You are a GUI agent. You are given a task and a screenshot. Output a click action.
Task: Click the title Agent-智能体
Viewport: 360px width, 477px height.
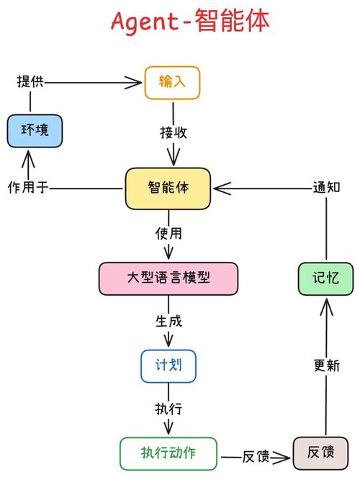click(x=190, y=22)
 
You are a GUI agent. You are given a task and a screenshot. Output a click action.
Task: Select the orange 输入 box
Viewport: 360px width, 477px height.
click(x=172, y=82)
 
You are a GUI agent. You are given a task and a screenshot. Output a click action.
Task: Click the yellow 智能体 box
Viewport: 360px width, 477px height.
click(x=168, y=188)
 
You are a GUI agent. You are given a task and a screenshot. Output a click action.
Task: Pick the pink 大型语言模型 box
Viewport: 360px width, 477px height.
click(x=168, y=278)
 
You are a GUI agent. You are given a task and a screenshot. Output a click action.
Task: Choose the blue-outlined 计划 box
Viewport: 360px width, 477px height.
click(x=168, y=365)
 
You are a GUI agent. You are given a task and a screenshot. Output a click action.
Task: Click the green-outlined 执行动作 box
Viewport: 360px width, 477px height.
click(x=168, y=453)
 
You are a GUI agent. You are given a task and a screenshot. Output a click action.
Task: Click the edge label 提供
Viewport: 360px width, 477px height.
click(x=30, y=82)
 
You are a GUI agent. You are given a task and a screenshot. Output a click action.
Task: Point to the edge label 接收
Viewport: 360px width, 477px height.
click(x=174, y=133)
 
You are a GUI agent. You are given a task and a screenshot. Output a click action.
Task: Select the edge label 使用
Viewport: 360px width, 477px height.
click(x=168, y=234)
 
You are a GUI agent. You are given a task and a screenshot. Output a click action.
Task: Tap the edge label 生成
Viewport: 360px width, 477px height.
click(x=168, y=320)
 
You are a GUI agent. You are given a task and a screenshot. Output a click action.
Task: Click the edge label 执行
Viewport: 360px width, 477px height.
click(x=168, y=409)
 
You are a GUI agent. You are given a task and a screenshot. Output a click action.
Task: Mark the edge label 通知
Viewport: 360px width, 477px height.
click(x=326, y=188)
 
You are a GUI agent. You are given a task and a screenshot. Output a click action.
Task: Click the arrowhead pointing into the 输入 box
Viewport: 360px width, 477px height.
click(x=135, y=83)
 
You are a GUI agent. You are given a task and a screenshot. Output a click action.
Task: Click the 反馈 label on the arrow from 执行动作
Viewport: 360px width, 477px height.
click(x=255, y=456)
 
